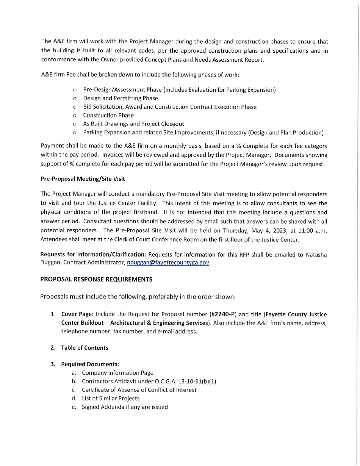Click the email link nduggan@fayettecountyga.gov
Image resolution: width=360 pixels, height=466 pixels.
168,263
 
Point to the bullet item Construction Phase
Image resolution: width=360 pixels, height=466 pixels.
108,115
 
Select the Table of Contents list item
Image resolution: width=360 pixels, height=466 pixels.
85,347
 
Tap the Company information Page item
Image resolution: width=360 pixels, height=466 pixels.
117,373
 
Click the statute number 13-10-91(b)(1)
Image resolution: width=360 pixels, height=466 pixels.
196,381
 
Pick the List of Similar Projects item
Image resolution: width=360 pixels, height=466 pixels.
111,398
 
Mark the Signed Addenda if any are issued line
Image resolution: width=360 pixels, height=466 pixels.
125,407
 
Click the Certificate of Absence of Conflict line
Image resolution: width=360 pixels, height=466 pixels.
139,390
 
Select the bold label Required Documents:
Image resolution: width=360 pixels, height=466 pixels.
90,364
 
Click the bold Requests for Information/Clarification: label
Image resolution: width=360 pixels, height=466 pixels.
94,255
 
